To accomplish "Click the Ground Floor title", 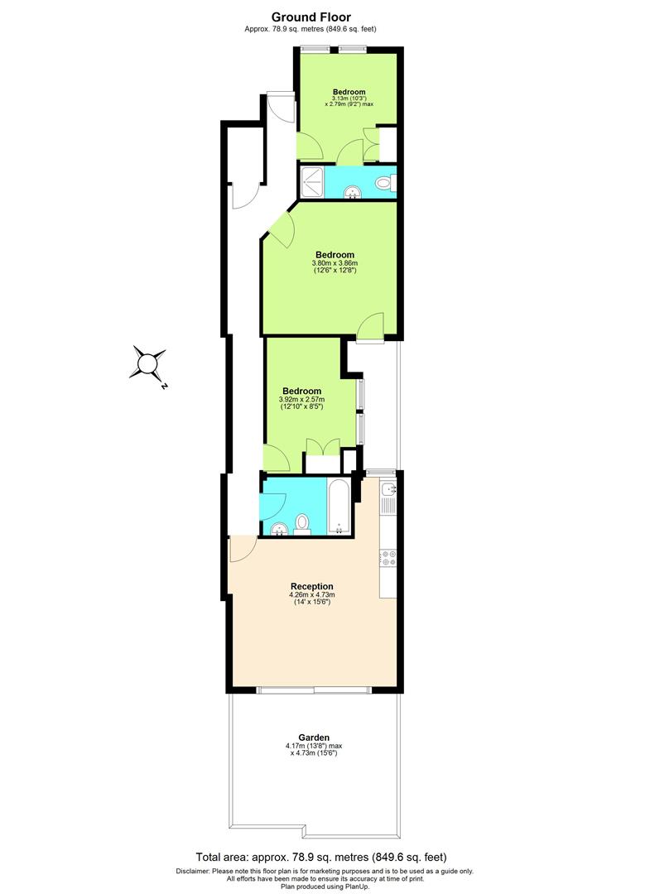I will coord(311,17).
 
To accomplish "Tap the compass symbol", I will coord(149,363).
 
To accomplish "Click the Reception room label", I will coord(311,585).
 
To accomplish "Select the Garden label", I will coord(314,737).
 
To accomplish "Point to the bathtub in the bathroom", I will coord(339,505).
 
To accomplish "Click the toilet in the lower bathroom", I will coord(302,522).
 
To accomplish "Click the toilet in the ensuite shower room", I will coord(385,182).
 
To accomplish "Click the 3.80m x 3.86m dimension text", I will coord(335,264).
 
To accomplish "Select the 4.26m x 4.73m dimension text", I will coord(311,594).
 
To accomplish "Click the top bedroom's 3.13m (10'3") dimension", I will coord(349,99).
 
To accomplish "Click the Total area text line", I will coord(325,858).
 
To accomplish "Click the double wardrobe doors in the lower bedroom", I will coord(321,447).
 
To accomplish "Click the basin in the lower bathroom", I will coord(278,527).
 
